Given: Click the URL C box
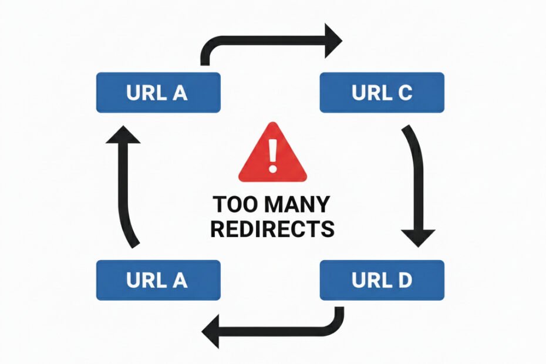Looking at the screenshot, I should (382, 92).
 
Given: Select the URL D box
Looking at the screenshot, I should (382, 280).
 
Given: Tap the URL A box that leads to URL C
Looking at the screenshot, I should (158, 92).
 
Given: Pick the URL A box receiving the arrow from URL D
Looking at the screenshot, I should (158, 280).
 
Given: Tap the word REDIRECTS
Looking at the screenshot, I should (272, 229).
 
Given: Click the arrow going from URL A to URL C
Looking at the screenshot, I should (264, 42).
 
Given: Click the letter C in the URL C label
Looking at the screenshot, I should (405, 92).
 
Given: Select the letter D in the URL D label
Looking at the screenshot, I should (405, 280).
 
